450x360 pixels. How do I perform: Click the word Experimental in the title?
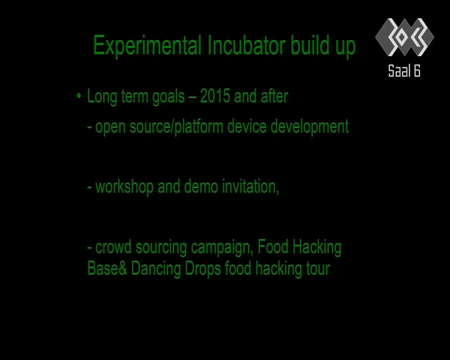[147, 46]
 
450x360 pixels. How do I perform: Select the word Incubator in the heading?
[246, 45]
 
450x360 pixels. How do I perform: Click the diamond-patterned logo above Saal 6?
[404, 37]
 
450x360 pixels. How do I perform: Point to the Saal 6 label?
[404, 71]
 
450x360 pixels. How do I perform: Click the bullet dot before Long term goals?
[79, 96]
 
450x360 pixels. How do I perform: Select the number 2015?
[215, 96]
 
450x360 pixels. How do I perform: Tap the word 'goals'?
[169, 97]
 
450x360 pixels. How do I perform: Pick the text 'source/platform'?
[176, 127]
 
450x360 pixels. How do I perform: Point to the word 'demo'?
[201, 186]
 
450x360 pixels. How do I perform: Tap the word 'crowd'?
[113, 247]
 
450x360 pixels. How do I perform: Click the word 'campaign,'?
[222, 247]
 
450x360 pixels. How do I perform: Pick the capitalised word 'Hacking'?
[317, 247]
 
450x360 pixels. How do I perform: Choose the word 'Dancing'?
[156, 269]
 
